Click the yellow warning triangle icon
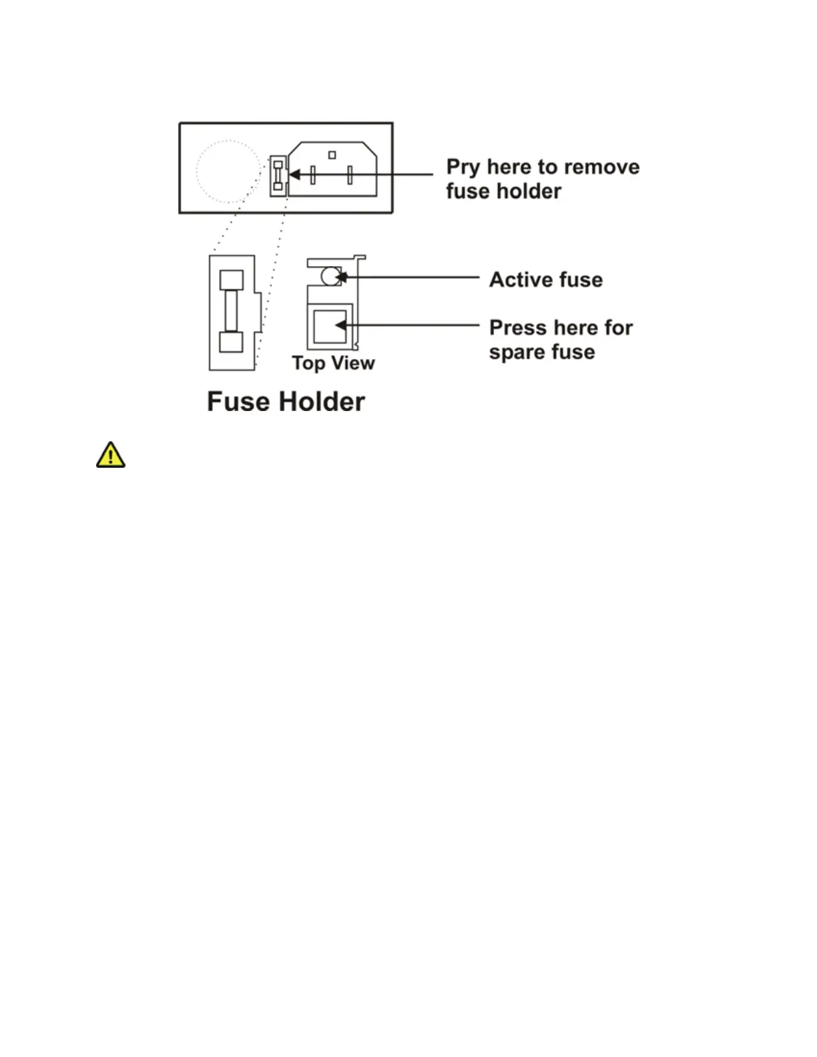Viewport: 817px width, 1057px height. tap(110, 455)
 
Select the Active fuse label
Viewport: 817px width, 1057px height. tap(545, 280)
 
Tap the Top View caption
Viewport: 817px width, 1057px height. tap(333, 363)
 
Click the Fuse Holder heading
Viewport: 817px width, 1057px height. tap(286, 402)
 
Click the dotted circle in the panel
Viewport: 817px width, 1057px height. tap(228, 171)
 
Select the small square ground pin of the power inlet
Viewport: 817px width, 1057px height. tap(332, 155)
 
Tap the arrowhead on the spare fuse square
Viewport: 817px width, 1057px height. tap(340, 325)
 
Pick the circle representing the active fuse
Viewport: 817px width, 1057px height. tap(330, 276)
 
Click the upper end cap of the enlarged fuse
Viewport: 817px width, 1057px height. tap(231, 280)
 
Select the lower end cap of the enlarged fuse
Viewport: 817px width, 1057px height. tap(231, 342)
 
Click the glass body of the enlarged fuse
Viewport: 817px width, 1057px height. tap(231, 311)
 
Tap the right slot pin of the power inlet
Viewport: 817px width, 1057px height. tap(350, 175)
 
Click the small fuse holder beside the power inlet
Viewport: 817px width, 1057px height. tap(278, 175)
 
